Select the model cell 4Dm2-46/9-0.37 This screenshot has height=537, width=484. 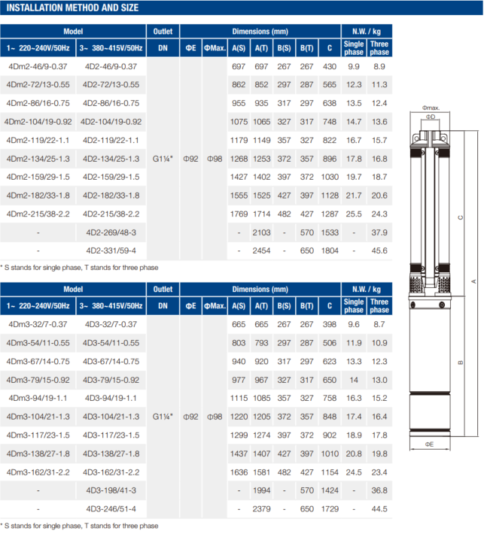38,67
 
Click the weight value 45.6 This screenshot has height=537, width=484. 379,250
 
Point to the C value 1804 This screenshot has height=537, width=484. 330,250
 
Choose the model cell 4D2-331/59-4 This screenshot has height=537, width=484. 111,250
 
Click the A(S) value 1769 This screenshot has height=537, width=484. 239,214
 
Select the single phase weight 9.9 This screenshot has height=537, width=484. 354,67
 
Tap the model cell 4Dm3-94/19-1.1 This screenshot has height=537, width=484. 38,396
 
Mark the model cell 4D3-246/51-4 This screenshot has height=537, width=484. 111,508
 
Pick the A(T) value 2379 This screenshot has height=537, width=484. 262,508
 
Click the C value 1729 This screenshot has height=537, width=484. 330,508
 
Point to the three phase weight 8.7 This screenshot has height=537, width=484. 379,323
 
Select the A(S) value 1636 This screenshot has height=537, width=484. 239,472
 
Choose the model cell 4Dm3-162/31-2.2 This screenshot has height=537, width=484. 38,472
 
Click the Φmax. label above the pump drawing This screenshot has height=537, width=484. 431,108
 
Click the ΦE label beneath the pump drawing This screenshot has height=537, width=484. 429,444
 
